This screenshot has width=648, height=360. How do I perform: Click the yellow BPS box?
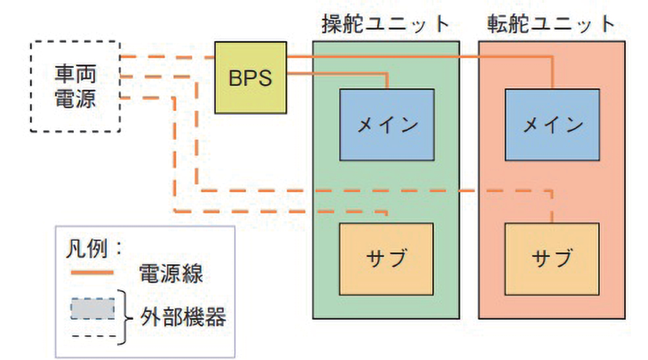250,78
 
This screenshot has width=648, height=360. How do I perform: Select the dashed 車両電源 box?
75,86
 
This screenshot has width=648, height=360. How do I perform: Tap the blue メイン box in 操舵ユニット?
387,124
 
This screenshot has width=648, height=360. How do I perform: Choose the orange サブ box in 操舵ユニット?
387,257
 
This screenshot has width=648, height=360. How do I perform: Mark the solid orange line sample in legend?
92,274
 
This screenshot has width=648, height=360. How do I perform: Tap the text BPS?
250,78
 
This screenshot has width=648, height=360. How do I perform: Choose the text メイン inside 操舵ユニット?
387,124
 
